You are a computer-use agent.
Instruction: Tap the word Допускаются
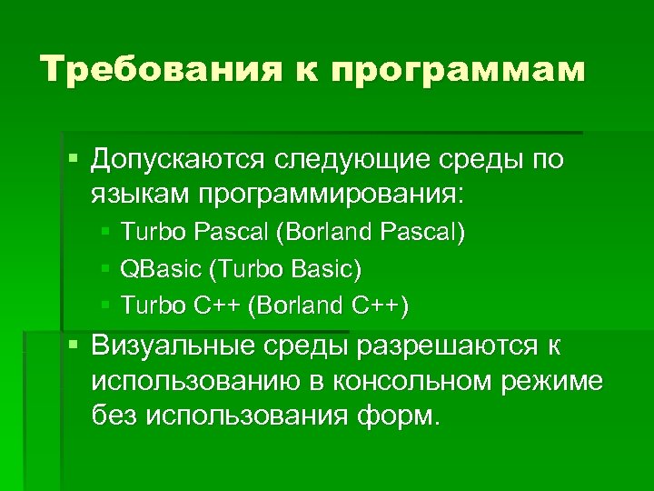(x=173, y=160)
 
